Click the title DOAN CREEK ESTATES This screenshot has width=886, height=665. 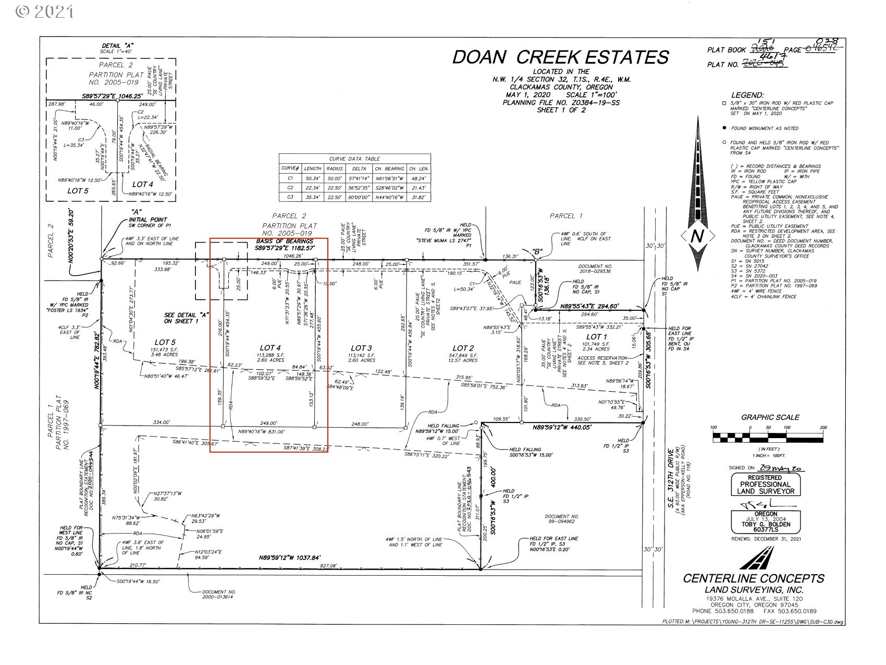point(560,57)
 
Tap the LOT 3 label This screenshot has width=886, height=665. point(361,348)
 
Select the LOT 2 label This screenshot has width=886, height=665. point(462,348)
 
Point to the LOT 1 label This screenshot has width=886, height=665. point(597,336)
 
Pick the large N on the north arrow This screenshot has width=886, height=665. point(697,236)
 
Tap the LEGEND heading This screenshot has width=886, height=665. point(747,95)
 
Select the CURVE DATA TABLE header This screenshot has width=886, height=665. point(354,159)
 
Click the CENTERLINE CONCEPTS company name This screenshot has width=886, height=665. point(753,578)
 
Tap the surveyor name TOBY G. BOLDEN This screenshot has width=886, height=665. point(768,525)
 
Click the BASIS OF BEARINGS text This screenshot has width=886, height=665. point(284,241)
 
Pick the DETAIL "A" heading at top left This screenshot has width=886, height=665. point(118,46)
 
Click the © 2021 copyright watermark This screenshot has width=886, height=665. point(45,11)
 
